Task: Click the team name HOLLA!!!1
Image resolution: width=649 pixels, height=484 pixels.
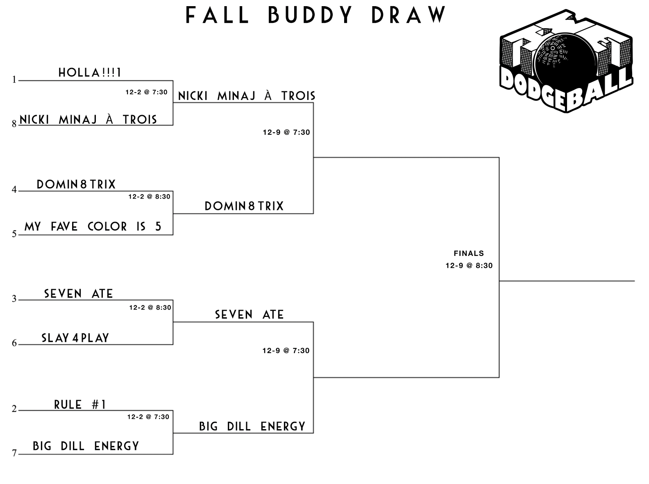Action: coord(90,73)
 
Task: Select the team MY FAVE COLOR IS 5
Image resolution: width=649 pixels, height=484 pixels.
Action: coord(93,226)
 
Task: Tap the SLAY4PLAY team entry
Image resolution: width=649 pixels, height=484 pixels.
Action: coord(75,338)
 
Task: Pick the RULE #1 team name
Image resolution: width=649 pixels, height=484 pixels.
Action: coord(80,405)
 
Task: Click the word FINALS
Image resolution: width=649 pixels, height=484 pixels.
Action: coord(469,253)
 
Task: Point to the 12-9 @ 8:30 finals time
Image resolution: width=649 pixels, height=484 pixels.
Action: coord(469,265)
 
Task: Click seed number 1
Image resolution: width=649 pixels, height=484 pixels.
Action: coord(14,79)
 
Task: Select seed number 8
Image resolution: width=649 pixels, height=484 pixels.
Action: coord(14,123)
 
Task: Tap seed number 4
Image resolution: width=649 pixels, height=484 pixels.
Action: coord(14,190)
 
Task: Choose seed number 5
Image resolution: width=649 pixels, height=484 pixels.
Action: coord(14,234)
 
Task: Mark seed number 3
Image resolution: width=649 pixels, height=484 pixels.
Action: coord(14,299)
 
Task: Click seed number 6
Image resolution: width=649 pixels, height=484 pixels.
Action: coord(14,343)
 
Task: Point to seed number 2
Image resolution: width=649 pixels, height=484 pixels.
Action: coord(14,409)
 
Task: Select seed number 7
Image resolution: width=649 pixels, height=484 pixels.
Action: coord(14,453)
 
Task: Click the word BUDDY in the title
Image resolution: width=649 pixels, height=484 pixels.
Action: coord(310,15)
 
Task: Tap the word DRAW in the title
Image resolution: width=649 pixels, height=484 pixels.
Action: coord(409,15)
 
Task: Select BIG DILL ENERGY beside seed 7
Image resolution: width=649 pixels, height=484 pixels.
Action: coord(86,446)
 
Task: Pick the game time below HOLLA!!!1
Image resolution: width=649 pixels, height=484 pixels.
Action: coord(146,92)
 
